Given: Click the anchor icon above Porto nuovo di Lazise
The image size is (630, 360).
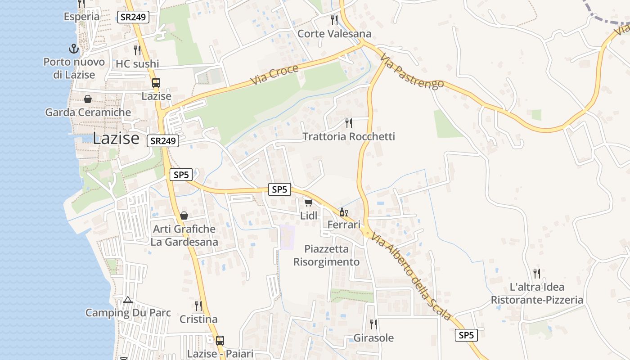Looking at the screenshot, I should [73, 49].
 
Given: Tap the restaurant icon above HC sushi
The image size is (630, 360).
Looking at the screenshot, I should [137, 50].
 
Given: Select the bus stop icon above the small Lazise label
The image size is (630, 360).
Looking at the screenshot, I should [156, 83].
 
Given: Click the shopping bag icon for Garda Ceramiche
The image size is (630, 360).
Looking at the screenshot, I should [88, 99].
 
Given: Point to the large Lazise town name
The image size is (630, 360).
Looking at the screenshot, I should [116, 139].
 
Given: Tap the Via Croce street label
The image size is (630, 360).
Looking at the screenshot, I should [275, 75].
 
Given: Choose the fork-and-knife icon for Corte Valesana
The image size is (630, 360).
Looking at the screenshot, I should [334, 20].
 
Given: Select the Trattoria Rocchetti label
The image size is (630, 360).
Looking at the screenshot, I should [349, 136].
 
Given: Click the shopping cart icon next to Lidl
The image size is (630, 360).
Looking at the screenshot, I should [308, 203].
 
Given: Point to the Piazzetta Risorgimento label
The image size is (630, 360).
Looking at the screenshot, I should [327, 255].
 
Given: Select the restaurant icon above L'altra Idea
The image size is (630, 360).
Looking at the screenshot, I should [537, 273].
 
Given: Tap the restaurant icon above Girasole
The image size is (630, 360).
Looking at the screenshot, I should [373, 324].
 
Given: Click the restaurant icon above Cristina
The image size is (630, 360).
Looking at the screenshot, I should [198, 306].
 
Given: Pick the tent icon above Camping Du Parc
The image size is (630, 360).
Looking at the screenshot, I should [128, 300].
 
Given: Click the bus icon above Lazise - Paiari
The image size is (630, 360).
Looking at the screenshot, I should [220, 340].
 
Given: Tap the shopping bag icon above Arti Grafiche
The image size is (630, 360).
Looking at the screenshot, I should [184, 216].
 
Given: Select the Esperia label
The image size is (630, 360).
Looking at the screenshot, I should [82, 17].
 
